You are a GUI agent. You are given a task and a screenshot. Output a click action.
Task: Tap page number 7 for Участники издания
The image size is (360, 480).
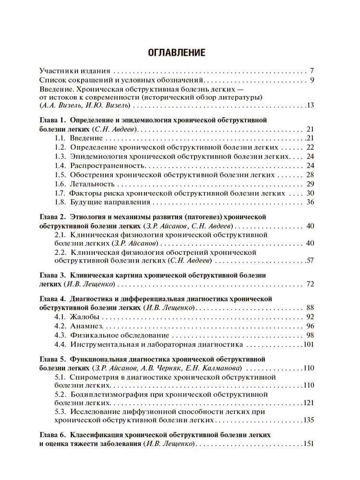(x=312, y=70)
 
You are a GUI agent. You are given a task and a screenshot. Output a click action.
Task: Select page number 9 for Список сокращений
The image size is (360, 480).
(x=312, y=80)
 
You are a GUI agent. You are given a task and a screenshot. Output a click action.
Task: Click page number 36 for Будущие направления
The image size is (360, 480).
(x=310, y=202)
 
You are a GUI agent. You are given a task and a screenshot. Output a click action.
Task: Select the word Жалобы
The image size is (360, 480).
(x=85, y=317)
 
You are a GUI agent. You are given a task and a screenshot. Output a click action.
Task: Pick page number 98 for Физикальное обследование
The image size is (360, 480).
(x=310, y=336)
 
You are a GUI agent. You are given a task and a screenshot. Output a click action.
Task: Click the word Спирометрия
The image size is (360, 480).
(x=92, y=377)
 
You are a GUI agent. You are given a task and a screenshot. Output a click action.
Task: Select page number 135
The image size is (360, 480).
(x=308, y=420)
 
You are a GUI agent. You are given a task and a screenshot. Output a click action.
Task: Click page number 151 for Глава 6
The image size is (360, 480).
(x=308, y=444)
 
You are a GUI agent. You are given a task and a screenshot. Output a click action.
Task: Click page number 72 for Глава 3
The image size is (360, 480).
(x=310, y=284)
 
